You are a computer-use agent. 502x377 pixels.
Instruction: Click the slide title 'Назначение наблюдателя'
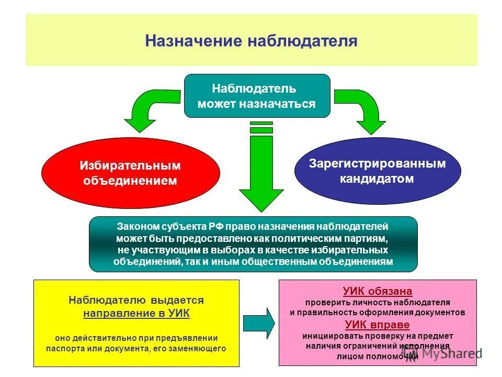(x=251, y=41)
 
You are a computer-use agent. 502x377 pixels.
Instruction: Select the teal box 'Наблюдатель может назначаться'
(x=257, y=96)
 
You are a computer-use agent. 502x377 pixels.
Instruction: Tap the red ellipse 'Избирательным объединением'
(x=130, y=173)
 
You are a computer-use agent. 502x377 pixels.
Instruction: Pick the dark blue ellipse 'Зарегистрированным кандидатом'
(x=377, y=171)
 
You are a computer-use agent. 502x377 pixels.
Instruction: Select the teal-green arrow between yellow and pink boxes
(x=259, y=323)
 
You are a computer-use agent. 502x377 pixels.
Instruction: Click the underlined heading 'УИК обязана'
(x=378, y=291)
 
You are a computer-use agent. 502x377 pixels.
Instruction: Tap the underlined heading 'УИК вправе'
(x=378, y=324)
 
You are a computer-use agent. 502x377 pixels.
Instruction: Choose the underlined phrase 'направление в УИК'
(x=136, y=314)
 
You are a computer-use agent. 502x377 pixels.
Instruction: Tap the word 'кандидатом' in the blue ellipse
(x=377, y=179)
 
